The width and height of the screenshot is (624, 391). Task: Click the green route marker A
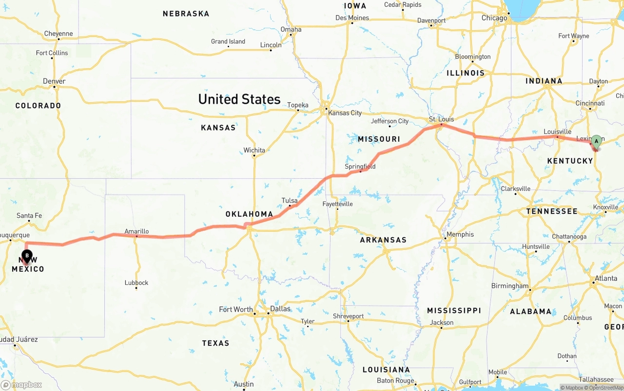tap(596, 142)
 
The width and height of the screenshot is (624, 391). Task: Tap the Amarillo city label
tap(136, 231)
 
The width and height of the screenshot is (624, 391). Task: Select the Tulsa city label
tap(289, 200)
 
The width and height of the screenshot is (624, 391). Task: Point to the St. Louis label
tap(441, 119)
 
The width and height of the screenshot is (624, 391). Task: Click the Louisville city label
tap(557, 131)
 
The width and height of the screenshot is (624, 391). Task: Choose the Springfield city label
tap(360, 167)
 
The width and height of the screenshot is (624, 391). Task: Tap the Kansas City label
tap(345, 113)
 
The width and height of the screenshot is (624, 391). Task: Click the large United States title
tap(239, 99)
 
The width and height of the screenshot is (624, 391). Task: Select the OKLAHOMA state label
tap(249, 214)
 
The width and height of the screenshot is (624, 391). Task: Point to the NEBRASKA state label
tap(186, 14)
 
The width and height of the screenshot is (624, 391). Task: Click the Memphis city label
tap(460, 234)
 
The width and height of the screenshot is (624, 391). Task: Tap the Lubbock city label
tap(136, 282)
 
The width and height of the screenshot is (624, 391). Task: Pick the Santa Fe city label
tap(29, 215)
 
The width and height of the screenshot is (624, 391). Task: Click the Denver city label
tap(54, 81)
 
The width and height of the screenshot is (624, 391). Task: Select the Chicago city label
tap(494, 18)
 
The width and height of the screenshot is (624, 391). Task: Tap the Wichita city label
tap(254, 150)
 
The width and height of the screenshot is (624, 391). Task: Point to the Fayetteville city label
tap(337, 204)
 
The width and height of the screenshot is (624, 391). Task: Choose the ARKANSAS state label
tap(383, 240)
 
